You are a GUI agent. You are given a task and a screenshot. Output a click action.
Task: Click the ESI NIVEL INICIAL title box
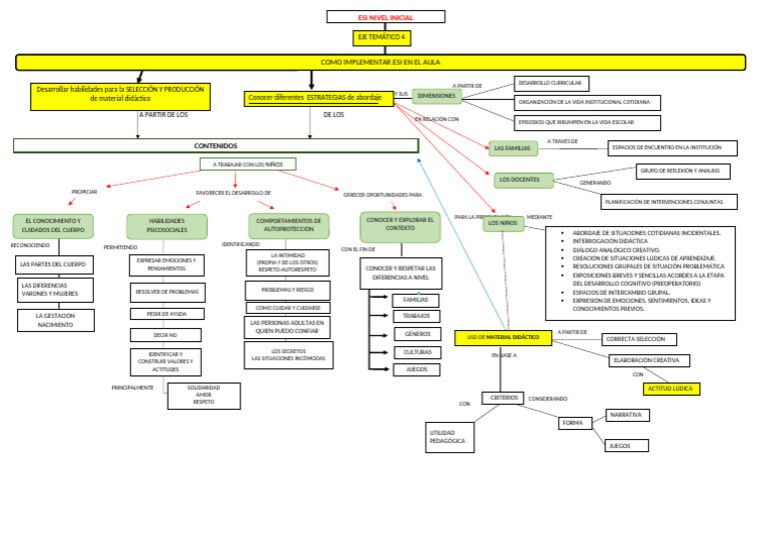click(385, 17)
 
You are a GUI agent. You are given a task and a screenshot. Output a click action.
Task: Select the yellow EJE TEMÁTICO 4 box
click(383, 38)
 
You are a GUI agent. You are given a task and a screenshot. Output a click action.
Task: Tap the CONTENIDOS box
click(215, 145)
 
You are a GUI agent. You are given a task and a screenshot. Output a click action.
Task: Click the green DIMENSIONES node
click(436, 96)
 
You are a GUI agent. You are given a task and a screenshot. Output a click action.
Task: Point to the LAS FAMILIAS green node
click(512, 148)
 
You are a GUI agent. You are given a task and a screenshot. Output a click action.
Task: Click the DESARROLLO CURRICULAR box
click(551, 83)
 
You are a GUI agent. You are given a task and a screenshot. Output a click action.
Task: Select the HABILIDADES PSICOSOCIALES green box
click(167, 226)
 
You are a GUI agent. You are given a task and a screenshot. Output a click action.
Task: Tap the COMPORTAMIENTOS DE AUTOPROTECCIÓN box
click(289, 225)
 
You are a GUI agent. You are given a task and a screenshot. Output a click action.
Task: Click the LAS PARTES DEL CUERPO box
click(55, 265)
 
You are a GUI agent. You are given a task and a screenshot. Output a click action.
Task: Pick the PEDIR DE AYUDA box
click(166, 314)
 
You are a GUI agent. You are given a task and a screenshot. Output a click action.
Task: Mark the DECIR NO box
click(166, 335)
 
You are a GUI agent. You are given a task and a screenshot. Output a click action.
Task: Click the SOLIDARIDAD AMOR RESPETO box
click(204, 396)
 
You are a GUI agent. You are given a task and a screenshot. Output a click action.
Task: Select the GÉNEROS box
click(417, 334)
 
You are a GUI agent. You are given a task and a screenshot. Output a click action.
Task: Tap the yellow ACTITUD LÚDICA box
click(671, 389)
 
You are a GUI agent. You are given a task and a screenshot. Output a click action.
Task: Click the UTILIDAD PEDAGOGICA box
click(448, 436)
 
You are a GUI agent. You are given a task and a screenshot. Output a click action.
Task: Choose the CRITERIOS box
click(504, 397)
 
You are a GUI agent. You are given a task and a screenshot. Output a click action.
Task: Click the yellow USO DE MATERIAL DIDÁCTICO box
click(503, 338)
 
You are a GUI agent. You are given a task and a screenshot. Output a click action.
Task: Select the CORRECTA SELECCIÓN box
click(640, 340)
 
